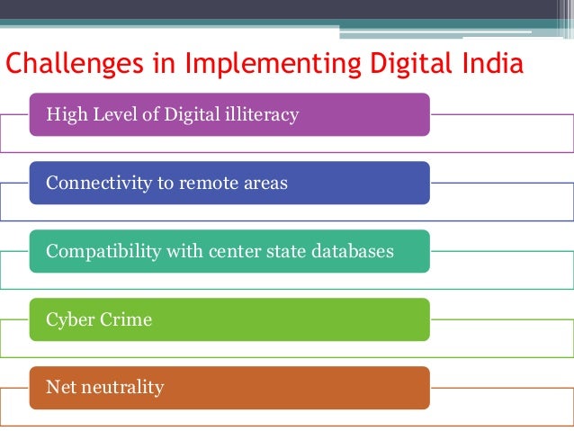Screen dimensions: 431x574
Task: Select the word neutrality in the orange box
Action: point(122,388)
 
